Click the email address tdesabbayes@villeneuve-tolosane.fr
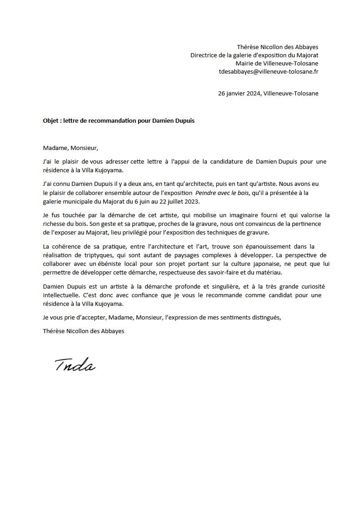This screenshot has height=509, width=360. (269, 71)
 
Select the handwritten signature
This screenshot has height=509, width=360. (75, 364)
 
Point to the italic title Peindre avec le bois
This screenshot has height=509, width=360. (222, 193)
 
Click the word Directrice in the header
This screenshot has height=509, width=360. (204, 55)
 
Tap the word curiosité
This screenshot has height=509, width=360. (311, 286)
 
